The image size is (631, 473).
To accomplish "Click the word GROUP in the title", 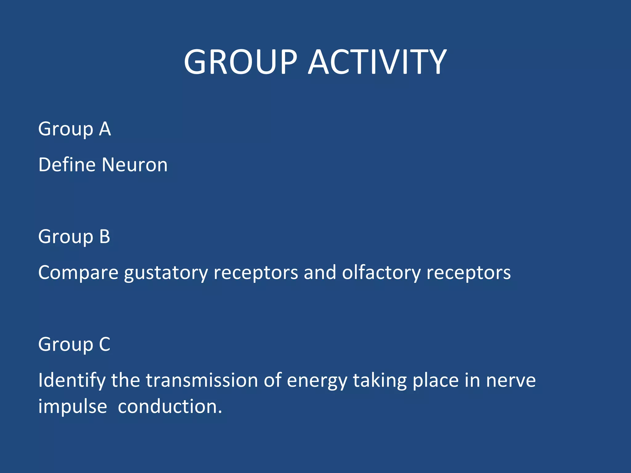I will pyautogui.click(x=240, y=62).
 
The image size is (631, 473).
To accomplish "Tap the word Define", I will pyautogui.click(x=67, y=164).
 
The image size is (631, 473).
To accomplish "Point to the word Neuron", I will pyautogui.click(x=134, y=165).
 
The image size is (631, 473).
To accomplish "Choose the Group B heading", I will pyautogui.click(x=74, y=236).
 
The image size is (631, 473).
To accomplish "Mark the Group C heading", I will pyautogui.click(x=74, y=344).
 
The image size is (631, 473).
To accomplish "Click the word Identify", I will pyautogui.click(x=71, y=381).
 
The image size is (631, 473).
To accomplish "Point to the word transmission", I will pyautogui.click(x=202, y=380).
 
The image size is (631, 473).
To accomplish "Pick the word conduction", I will pyautogui.click(x=170, y=406).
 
